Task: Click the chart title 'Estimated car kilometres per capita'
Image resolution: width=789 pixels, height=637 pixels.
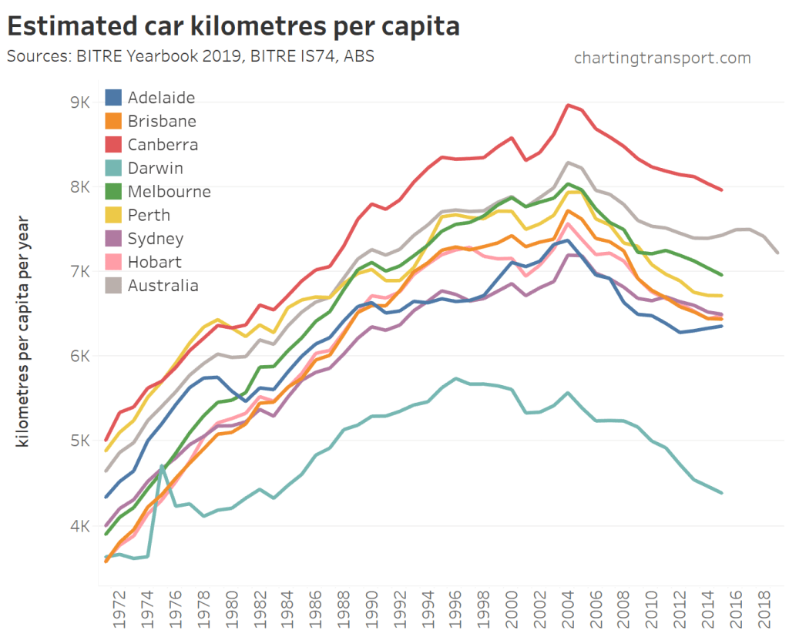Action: pyautogui.click(x=233, y=26)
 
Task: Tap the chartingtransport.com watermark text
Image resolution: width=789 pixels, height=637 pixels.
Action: pyautogui.click(x=662, y=58)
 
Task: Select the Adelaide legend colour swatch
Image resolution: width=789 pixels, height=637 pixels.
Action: pyautogui.click(x=113, y=98)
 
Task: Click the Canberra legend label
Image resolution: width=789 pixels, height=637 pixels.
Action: pyautogui.click(x=163, y=145)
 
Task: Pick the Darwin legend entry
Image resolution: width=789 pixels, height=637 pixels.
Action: pyautogui.click(x=155, y=168)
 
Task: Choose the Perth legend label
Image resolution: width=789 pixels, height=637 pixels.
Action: pyautogui.click(x=149, y=215)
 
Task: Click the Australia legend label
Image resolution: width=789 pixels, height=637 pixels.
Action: pyautogui.click(x=163, y=286)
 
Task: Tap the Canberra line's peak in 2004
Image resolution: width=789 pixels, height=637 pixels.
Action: pyautogui.click(x=568, y=105)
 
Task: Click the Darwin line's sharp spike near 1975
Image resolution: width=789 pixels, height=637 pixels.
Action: pyautogui.click(x=162, y=465)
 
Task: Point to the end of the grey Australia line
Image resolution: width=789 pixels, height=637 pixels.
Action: pyautogui.click(x=777, y=252)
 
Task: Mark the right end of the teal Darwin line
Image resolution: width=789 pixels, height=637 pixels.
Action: pyautogui.click(x=721, y=493)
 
